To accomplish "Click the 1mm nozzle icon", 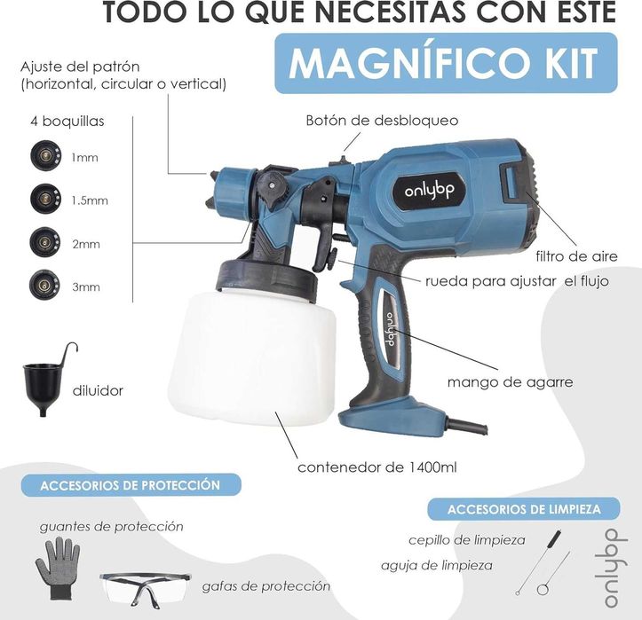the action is pos(46,155).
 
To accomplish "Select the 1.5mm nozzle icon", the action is pos(45,199).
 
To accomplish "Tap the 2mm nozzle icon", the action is pos(45,242).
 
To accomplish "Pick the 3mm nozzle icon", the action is pos(44,284).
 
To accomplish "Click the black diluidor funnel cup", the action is pos(43,387).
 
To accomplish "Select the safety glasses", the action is pos(146,588).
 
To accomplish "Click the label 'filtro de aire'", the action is pos(576,256).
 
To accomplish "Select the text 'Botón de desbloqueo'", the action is pos(382,121).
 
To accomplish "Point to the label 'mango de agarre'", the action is pos(511,382).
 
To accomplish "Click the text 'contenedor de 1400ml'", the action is pos(377,467).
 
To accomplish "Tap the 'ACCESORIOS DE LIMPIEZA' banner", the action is pos(524,509).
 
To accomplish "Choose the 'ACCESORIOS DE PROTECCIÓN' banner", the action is pos(131,485).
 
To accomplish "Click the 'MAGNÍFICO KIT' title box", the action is pos(446,63).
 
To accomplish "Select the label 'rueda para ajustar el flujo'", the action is pos(517,281).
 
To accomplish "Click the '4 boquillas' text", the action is pos(67,121).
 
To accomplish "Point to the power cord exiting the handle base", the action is pos(467,427).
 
